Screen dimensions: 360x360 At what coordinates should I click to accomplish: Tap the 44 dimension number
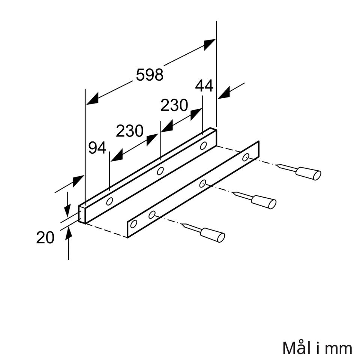(x=204, y=86)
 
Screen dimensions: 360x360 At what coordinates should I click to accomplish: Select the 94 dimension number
(x=97, y=148)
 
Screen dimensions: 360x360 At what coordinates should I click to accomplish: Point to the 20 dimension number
(x=45, y=237)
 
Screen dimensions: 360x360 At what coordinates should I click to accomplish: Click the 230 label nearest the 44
(x=174, y=105)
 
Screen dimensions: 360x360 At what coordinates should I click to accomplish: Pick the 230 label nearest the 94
(x=130, y=131)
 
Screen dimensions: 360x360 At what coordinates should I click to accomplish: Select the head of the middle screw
(x=264, y=202)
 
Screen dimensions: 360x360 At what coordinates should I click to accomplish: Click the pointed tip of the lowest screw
(x=181, y=223)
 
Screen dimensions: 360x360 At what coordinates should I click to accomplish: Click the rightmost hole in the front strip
(x=245, y=157)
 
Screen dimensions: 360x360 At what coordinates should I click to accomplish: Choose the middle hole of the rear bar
(x=160, y=171)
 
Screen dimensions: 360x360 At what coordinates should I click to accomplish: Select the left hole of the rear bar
(x=109, y=201)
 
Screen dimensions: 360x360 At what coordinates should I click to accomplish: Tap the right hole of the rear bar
(x=203, y=145)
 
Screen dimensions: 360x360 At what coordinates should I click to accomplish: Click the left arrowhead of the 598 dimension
(x=93, y=99)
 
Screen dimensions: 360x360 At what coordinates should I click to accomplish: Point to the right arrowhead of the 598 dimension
(x=209, y=45)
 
